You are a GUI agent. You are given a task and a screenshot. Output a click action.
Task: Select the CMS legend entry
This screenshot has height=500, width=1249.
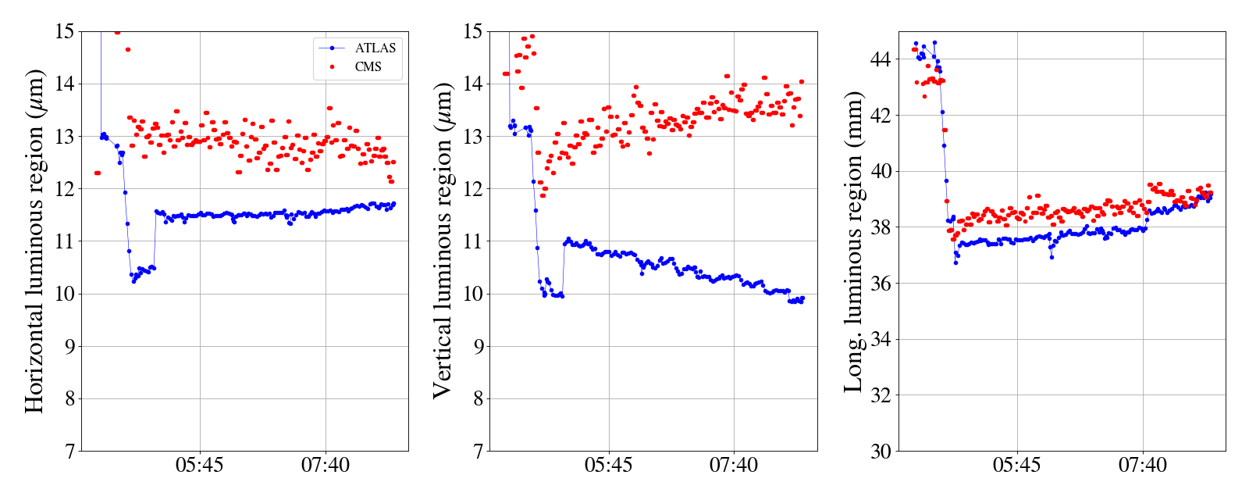(x=368, y=67)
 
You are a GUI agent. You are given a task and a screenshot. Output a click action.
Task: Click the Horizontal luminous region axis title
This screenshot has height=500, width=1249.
(x=34, y=241)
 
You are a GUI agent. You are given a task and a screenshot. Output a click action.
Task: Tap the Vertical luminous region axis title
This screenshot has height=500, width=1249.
(x=443, y=241)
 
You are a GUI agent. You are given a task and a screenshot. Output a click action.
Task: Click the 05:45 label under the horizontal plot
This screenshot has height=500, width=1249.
(x=200, y=466)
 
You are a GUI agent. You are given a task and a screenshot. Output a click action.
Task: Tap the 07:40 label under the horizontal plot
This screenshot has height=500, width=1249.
(x=326, y=466)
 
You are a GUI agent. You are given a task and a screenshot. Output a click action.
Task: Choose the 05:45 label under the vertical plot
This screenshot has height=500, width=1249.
(x=608, y=466)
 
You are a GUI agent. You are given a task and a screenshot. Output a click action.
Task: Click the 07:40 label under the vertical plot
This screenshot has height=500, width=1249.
(x=734, y=466)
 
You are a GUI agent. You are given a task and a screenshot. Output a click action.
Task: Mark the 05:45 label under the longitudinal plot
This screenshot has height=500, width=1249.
(x=1016, y=466)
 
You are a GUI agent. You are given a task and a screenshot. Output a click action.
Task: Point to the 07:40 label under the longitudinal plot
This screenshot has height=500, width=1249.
(x=1142, y=466)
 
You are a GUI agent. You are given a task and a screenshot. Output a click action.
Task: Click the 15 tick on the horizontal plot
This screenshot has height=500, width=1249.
(x=65, y=32)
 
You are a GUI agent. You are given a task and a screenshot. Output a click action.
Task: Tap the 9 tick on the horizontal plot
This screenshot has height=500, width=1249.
(x=69, y=347)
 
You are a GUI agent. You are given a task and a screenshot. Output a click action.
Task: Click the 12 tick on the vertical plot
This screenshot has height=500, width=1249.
(x=473, y=189)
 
